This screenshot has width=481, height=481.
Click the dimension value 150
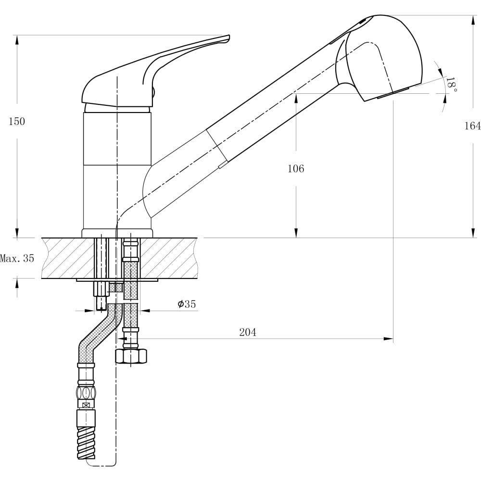(17, 122)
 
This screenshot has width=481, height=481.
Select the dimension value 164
(472, 126)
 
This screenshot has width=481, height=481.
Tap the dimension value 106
(296, 169)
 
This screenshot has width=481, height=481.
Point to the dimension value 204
(248, 332)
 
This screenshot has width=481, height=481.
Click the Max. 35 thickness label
(17, 258)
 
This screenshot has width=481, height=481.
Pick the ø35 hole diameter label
(187, 304)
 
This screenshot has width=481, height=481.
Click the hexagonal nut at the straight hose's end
(131, 355)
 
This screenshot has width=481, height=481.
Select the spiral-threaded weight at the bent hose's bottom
(86, 442)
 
